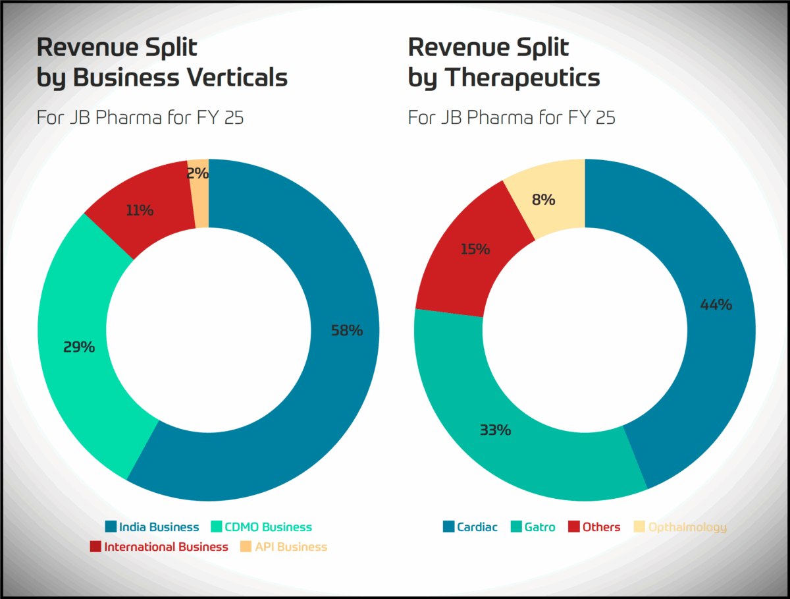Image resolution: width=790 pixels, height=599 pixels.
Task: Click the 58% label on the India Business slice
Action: [x=346, y=331]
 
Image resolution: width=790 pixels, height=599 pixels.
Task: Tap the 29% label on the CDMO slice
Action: [x=79, y=347]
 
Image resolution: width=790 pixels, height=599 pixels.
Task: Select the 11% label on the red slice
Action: [x=140, y=211]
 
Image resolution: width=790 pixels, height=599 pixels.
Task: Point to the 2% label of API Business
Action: [x=197, y=174]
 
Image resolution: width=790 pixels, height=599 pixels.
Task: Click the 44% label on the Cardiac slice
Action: [x=716, y=305]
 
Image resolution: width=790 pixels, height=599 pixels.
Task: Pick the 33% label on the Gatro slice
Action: [x=495, y=430]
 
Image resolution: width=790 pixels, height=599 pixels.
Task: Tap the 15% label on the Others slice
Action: [x=475, y=250]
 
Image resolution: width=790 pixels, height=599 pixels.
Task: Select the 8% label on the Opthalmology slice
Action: [x=544, y=199]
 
